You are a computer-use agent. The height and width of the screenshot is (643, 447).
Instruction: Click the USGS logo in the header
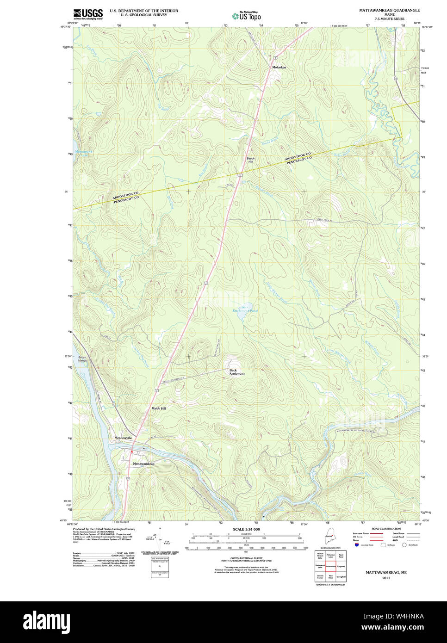click(88, 14)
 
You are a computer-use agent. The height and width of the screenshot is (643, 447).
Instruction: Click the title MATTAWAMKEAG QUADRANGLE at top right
click(389, 10)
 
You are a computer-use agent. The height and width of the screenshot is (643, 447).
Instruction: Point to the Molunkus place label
click(279, 68)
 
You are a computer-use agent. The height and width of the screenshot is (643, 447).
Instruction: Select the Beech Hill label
click(250, 160)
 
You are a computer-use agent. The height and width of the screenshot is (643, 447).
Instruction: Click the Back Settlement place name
click(237, 372)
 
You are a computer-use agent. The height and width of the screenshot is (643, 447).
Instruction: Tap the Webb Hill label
click(159, 408)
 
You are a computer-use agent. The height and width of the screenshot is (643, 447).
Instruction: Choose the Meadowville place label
click(123, 438)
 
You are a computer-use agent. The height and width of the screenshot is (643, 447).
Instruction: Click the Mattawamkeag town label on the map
click(143, 464)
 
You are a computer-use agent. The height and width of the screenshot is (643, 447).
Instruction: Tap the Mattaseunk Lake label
click(84, 153)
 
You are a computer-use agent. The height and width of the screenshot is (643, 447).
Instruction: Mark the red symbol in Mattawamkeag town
click(132, 451)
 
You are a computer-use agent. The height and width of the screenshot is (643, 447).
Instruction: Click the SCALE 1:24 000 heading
click(246, 529)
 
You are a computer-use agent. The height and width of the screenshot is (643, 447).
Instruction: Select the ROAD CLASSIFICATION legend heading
click(386, 529)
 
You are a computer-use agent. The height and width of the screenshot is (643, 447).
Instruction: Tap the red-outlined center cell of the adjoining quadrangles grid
click(330, 566)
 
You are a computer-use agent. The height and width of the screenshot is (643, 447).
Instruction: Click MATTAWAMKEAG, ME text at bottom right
click(386, 572)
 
